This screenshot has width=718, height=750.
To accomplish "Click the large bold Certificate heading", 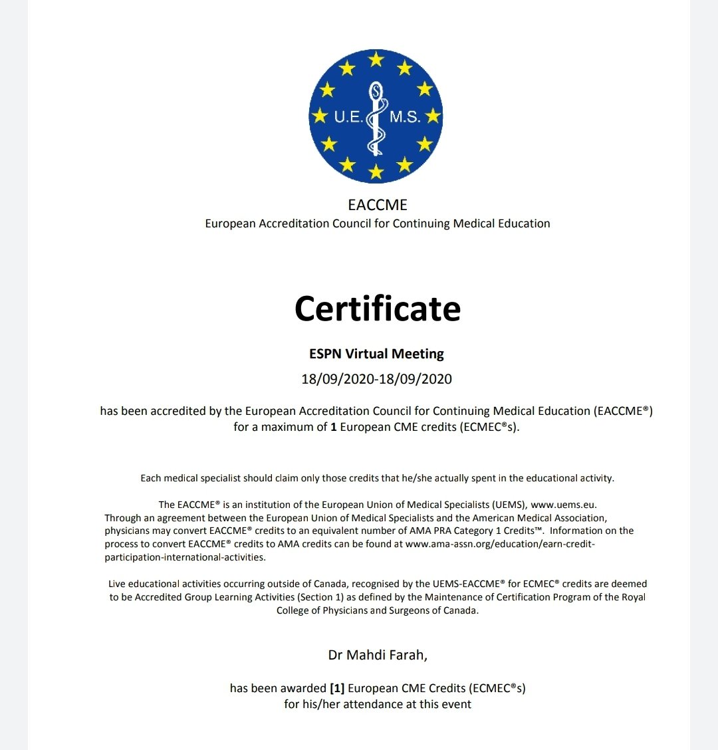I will pyautogui.click(x=378, y=309).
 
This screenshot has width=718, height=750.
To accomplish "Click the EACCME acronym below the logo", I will pyautogui.click(x=378, y=205).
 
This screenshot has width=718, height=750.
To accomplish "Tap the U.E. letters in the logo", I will pyautogui.click(x=348, y=118).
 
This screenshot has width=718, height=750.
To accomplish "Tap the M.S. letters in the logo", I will pyautogui.click(x=405, y=118).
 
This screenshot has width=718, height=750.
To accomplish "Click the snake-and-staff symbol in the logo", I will pyautogui.click(x=377, y=120).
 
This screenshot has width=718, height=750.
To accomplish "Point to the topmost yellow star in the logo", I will pyautogui.click(x=376, y=60).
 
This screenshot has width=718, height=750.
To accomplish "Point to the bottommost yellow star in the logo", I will pyautogui.click(x=376, y=172).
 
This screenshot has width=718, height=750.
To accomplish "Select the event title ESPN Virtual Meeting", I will pyautogui.click(x=377, y=354).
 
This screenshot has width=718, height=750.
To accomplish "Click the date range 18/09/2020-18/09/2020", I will pyautogui.click(x=376, y=380).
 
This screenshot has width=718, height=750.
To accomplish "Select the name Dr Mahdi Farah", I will pyautogui.click(x=376, y=656).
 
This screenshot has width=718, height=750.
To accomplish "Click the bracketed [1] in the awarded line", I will pyautogui.click(x=337, y=688).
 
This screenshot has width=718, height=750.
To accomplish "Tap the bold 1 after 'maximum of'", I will pyautogui.click(x=334, y=427).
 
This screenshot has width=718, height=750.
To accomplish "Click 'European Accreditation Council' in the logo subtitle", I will pyautogui.click(x=287, y=224).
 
